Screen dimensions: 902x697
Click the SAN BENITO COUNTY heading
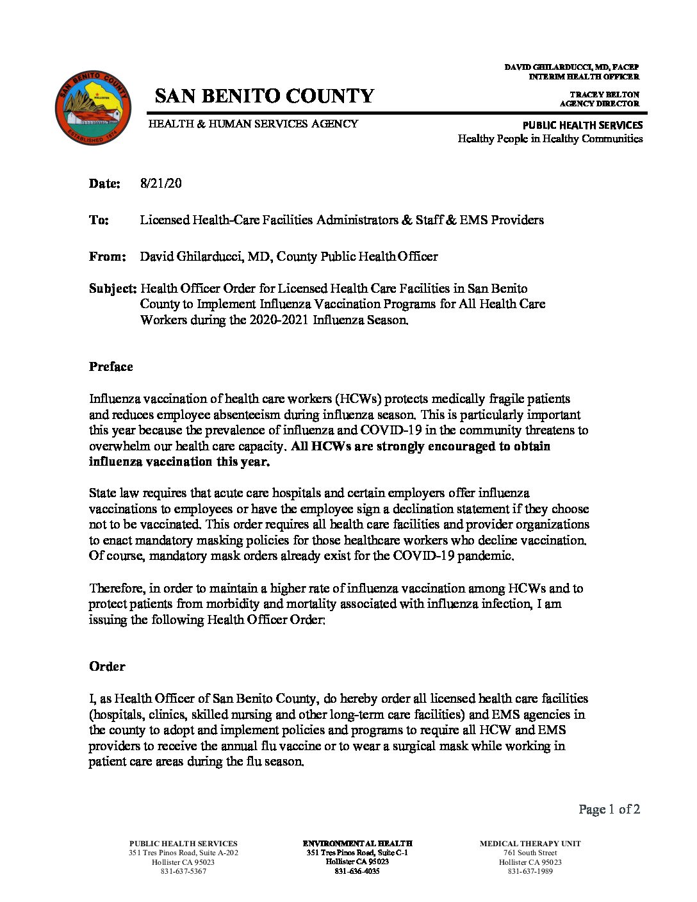click(264, 96)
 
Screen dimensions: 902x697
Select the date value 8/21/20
click(161, 183)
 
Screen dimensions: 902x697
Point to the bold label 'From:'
click(107, 257)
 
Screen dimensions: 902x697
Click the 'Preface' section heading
click(111, 366)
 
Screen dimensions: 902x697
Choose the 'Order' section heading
click(107, 666)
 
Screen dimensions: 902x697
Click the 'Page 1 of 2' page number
click(609, 809)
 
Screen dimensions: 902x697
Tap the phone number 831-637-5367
click(183, 871)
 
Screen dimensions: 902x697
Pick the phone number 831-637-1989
click(530, 871)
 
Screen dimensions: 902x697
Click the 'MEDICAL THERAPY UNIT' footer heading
click(530, 844)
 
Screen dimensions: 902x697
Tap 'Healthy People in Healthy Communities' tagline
click(550, 138)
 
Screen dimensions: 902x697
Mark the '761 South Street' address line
click(530, 853)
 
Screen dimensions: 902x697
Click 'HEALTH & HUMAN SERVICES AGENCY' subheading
click(253, 124)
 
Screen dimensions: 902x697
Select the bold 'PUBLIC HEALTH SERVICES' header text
click(582, 125)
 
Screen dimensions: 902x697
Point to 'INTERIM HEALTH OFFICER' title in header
click(584, 76)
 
